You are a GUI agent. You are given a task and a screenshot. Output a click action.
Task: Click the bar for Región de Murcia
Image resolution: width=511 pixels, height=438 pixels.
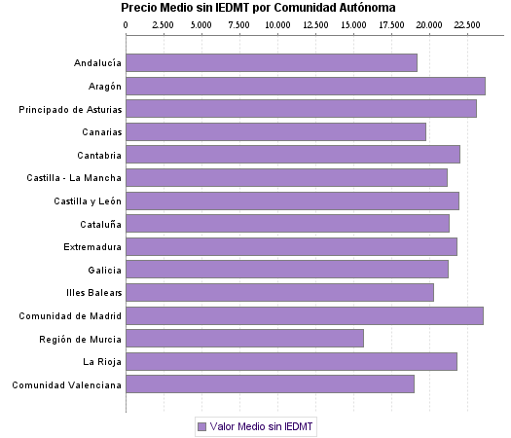click(x=245, y=339)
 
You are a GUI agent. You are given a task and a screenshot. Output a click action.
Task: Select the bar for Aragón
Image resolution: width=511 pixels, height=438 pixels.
click(x=306, y=87)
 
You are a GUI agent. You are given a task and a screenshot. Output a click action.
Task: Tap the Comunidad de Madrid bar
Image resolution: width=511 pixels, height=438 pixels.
click(x=305, y=315)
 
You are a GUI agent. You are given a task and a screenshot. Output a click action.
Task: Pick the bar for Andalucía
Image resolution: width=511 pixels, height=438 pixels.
click(x=272, y=63)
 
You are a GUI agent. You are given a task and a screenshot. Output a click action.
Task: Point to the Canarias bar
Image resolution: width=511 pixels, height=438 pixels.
click(x=276, y=132)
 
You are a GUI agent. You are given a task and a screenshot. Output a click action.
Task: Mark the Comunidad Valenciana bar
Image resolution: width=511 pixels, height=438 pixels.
click(x=271, y=384)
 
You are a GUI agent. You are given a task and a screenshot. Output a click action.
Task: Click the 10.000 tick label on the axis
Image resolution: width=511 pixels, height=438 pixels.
click(x=277, y=23)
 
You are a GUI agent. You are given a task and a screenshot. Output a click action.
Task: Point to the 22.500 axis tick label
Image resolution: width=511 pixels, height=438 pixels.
click(x=467, y=23)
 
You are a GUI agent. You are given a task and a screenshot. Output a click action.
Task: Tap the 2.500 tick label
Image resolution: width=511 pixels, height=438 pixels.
click(x=164, y=23)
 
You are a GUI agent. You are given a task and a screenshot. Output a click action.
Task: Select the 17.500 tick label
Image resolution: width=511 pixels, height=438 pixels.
click(x=391, y=23)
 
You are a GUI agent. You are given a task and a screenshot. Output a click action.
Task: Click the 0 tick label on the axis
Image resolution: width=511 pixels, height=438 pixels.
click(x=127, y=23)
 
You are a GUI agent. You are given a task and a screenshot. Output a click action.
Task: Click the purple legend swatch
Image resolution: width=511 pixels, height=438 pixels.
click(x=201, y=426)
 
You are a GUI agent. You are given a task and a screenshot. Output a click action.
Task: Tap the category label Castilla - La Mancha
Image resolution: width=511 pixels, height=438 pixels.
click(x=75, y=178)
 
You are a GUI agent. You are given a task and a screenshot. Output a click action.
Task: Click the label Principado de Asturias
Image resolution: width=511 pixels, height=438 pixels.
click(x=70, y=109)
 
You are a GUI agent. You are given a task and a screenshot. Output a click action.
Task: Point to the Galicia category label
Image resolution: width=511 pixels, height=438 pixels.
click(x=104, y=270)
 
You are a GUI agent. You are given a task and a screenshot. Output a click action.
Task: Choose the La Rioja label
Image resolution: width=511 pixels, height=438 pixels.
click(x=102, y=362)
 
